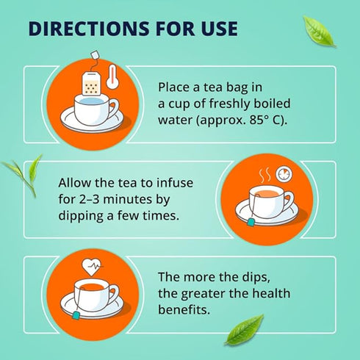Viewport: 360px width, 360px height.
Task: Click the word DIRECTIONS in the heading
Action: coord(89,29)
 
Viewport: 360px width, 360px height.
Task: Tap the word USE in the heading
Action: coord(219,29)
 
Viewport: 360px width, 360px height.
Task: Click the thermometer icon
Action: coord(112,76)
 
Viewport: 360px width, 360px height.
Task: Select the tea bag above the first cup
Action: coord(91,84)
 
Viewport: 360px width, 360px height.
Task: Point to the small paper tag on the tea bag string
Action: coord(95,54)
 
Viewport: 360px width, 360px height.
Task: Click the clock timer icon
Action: coord(284,173)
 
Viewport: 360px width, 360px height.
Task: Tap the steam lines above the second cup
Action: coord(265,176)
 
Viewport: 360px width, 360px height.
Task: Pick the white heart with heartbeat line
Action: coord(91,267)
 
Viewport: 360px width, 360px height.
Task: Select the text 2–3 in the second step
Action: coord(89,199)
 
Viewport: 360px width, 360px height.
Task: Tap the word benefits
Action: coord(184,309)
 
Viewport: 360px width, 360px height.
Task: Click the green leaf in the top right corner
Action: coord(319,32)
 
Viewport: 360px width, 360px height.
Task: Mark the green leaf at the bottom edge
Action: coord(245,330)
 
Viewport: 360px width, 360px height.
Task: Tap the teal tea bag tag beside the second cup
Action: coord(251,223)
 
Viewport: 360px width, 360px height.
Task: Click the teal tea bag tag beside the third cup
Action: coord(76,314)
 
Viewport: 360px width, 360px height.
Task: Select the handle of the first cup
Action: coord(115,109)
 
